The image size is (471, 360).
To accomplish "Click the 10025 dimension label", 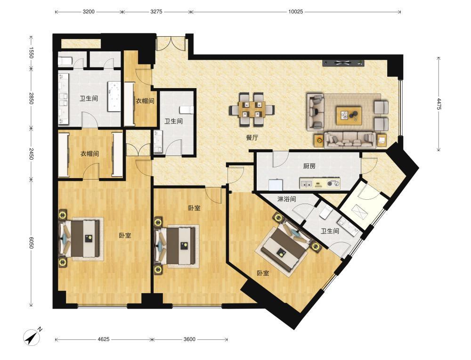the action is pos(296,12).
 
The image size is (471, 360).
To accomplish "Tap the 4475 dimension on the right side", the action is pos(439,104).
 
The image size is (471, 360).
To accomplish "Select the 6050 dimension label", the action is pos(31,242).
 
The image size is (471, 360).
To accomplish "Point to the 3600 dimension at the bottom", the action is pos(189,339).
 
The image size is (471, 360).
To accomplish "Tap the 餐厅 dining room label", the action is pos(252,138).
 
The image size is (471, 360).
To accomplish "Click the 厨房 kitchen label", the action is pos(309,166).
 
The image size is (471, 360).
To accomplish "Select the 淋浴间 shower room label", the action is pos(286,199).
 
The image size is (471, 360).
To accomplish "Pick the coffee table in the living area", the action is pos(349,115).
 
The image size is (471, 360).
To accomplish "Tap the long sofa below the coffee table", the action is pos(350,140).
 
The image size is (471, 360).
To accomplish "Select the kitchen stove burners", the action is pos(333,183).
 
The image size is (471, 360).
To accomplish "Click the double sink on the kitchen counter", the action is pos(307,183).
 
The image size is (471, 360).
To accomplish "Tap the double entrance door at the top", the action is pos(171,44).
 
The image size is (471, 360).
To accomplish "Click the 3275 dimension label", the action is pos(156,12).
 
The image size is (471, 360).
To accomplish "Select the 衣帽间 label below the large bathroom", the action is pos(89,154).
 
